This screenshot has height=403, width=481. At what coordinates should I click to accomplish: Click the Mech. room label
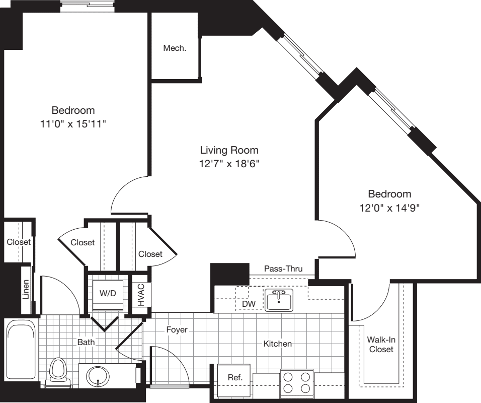pos(175,48)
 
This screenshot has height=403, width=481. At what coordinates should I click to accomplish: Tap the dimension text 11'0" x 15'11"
pos(73,124)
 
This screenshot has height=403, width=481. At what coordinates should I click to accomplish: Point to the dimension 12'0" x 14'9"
pos(389,207)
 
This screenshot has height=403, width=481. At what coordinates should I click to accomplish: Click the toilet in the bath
pos(59,372)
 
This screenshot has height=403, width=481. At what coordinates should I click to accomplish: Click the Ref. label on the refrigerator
pos(235,377)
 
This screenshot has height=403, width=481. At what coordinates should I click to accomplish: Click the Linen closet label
pos(26,290)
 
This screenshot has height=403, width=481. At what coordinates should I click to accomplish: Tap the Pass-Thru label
pos(283,269)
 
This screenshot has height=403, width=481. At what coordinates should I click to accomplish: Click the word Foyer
pos(177,330)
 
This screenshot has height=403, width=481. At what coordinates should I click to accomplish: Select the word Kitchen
pos(278,344)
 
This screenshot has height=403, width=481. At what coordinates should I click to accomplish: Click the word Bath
pos(86,342)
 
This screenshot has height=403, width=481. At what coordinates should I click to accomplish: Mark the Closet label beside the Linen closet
pos(19,242)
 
